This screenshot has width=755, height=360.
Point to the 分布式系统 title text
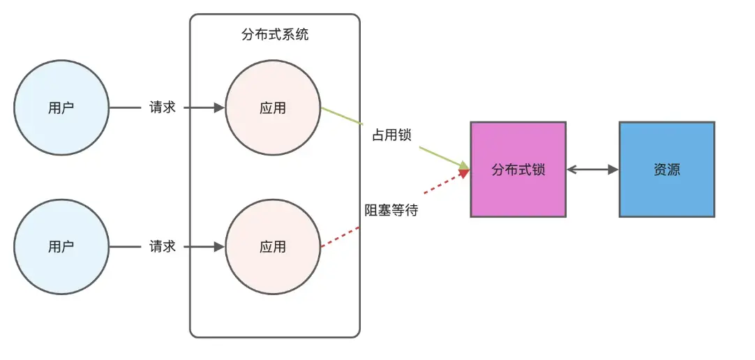[275, 35]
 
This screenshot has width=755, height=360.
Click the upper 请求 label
[163, 108]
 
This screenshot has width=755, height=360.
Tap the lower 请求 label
[163, 246]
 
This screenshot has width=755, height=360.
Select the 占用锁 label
[391, 135]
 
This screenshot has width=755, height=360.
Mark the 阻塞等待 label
[391, 209]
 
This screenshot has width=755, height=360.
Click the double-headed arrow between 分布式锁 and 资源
[592, 170]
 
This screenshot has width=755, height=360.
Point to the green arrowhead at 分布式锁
[463, 165]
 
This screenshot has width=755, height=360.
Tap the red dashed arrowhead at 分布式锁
[463, 174]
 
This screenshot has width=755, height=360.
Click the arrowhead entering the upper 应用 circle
[219, 108]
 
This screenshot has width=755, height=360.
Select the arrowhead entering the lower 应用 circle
[219, 246]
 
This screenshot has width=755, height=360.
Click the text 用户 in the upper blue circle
[61, 108]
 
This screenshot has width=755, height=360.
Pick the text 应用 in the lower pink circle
[272, 246]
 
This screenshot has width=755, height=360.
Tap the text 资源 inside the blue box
[666, 170]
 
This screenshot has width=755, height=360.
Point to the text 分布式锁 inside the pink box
[518, 170]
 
